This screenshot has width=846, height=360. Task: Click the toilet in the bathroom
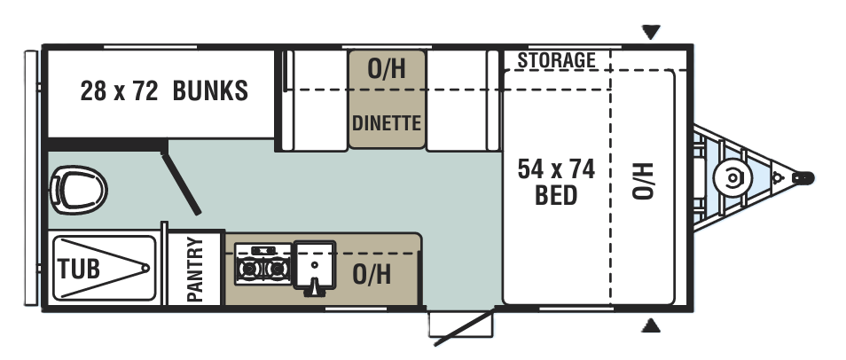(x=78, y=190)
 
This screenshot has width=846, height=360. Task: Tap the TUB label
(x=79, y=269)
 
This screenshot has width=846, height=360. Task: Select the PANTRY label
(x=195, y=270)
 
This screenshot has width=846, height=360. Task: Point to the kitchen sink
(x=314, y=267)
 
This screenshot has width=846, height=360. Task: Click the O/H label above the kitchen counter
(x=372, y=274)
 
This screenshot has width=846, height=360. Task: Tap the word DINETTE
(x=387, y=123)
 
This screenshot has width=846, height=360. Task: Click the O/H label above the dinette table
(x=387, y=68)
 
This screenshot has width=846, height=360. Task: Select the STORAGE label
(x=557, y=60)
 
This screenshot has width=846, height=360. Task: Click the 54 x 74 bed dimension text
(x=556, y=169)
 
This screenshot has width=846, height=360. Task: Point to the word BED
(x=556, y=195)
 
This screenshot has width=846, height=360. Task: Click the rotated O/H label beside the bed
(x=643, y=181)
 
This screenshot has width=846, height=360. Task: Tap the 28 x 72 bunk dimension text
(x=119, y=90)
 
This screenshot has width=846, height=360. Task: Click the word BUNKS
(x=210, y=90)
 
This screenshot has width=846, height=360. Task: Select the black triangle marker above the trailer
(x=651, y=32)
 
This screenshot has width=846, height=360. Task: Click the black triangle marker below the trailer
(x=651, y=325)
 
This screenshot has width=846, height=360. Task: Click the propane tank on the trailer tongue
(x=732, y=178)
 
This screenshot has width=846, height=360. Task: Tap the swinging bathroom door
(x=181, y=184)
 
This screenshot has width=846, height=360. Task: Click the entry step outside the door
(x=461, y=325)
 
